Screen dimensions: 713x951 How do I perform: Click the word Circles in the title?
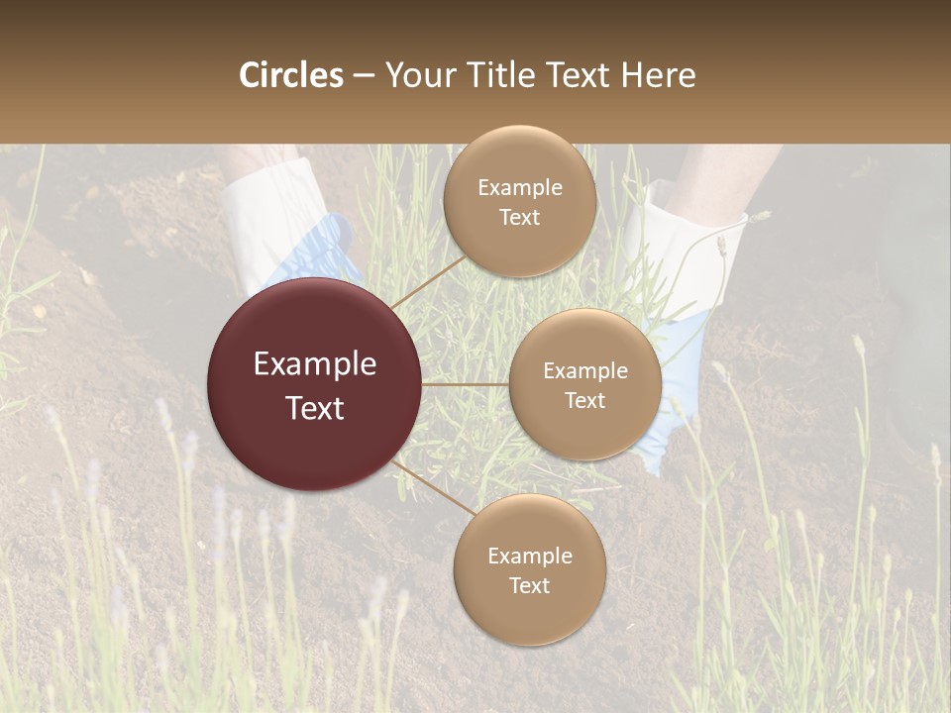(291, 75)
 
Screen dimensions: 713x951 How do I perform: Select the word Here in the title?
(658, 75)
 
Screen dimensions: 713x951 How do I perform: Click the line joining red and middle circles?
(466, 384)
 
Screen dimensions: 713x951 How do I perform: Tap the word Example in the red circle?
(315, 364)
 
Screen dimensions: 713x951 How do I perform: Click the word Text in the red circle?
(315, 408)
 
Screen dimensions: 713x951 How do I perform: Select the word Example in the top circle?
(519, 188)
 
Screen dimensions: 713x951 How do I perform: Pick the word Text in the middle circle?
(584, 401)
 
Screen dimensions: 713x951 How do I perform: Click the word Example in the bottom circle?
(529, 557)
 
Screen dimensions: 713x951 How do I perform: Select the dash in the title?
(364, 75)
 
